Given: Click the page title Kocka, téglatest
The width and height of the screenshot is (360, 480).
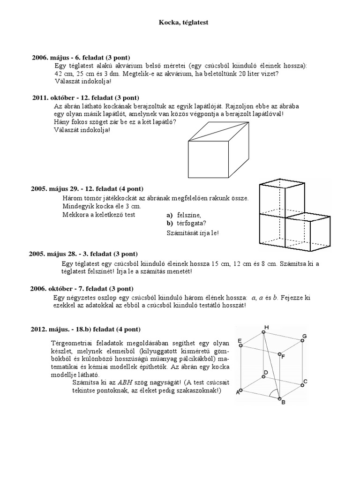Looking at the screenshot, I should point(180,22).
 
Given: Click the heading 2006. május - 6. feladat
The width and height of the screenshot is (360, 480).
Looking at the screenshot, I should point(81,57).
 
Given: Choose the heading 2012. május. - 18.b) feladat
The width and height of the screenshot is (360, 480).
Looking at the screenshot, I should point(85,329).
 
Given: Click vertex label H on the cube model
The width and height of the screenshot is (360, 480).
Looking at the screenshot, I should point(267,327).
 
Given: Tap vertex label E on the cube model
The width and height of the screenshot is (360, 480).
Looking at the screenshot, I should point(240,340).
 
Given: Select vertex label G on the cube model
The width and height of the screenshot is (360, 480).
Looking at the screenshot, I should point(304,336).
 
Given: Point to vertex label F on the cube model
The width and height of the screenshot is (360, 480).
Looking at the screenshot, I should point(283,357).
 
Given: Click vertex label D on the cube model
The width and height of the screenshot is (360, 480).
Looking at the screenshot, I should point(265,373).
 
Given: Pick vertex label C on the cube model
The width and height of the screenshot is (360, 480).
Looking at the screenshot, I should point(305,382).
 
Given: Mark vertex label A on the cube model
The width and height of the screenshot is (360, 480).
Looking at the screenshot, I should point(237,393).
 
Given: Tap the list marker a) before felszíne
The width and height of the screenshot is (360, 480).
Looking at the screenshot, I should point(170,215).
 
